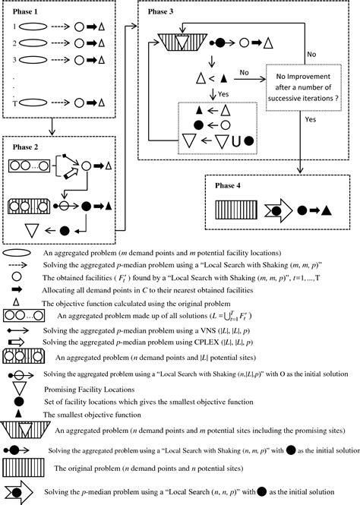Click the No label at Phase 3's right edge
click(311, 54)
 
